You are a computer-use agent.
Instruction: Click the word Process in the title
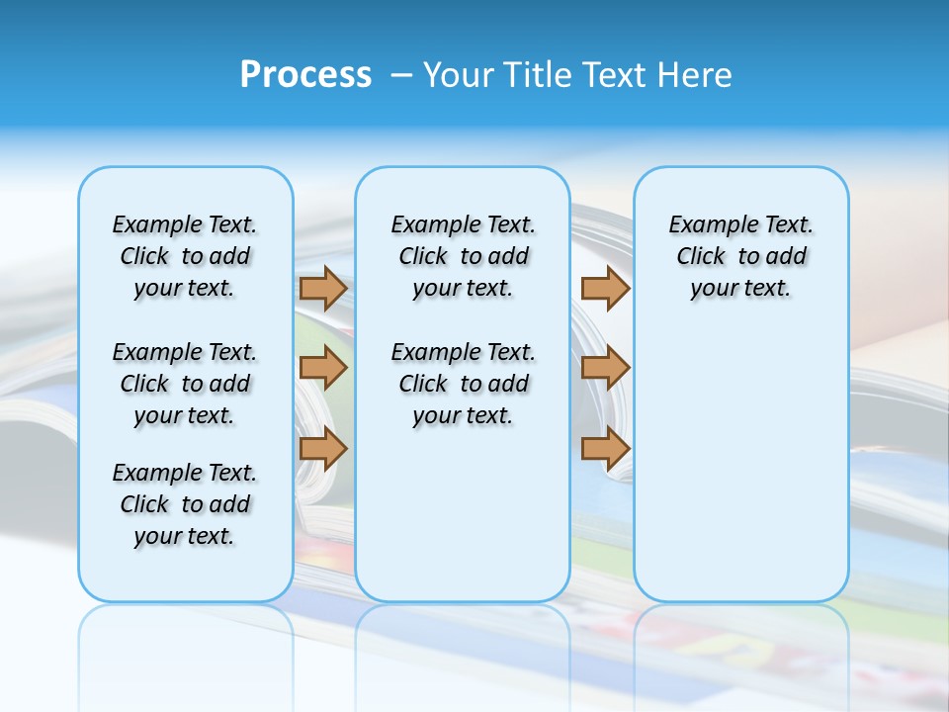[305, 75]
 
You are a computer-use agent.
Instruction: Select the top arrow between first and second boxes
[323, 288]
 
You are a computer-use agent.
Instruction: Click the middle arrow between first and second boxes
[323, 368]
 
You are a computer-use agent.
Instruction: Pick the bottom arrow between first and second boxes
[323, 448]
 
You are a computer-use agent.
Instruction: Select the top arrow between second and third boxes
[605, 288]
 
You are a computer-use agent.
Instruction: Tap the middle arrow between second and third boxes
[605, 368]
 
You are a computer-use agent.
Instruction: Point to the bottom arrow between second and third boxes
[605, 448]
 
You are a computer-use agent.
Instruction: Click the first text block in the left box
[185, 256]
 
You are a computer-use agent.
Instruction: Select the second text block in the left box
[185, 384]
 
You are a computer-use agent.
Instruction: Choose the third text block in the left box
[185, 504]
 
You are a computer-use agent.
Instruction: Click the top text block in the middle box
[463, 256]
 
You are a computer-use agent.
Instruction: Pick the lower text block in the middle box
[463, 384]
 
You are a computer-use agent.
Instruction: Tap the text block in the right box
[741, 256]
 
